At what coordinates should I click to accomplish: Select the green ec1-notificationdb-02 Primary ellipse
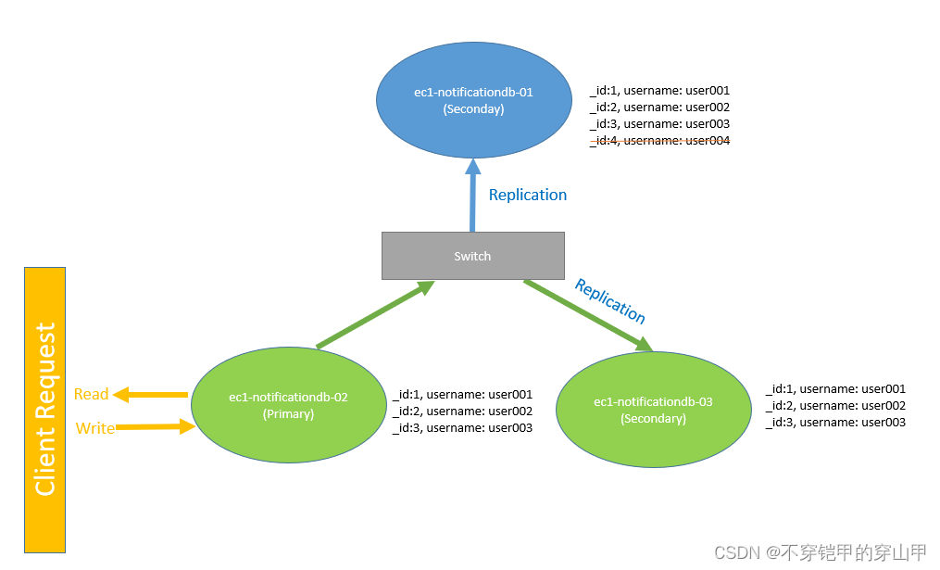tap(288, 406)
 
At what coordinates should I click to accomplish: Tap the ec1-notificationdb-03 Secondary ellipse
tap(653, 410)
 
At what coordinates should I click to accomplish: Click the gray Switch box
tap(472, 256)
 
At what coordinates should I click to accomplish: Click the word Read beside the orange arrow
tap(92, 394)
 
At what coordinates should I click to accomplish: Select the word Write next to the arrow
tap(94, 428)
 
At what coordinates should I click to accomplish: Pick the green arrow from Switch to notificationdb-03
tap(588, 316)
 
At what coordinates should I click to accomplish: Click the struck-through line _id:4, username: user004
tap(659, 141)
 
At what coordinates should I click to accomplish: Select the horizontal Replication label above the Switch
tap(528, 195)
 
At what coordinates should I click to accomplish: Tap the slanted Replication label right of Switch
tap(609, 300)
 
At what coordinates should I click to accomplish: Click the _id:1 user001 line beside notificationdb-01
tap(659, 91)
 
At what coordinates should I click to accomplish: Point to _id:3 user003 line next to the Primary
tap(462, 427)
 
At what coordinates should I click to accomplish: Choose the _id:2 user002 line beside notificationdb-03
tap(835, 405)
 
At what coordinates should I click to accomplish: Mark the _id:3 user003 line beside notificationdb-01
tap(659, 124)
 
